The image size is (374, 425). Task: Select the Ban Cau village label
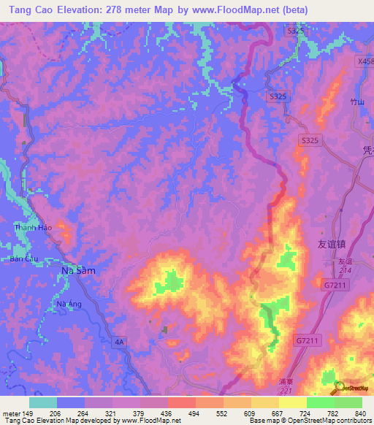23,259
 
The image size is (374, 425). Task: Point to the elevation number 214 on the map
346,270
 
